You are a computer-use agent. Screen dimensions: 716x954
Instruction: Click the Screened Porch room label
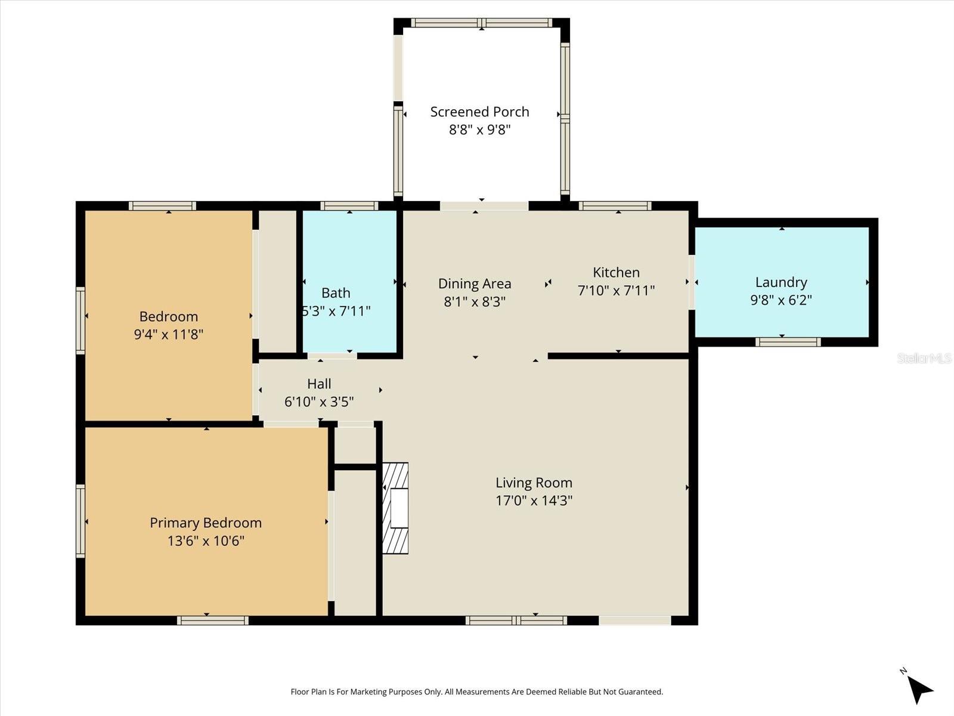[x=479, y=112]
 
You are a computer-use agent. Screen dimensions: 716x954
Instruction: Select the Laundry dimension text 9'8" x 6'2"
[x=781, y=300]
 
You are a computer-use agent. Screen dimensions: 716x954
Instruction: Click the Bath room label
[x=336, y=292]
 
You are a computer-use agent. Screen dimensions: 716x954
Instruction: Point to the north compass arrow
[x=919, y=689]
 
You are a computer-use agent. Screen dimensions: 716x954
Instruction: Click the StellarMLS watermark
[x=924, y=358]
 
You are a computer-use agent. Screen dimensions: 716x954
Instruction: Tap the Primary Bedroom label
[x=206, y=523]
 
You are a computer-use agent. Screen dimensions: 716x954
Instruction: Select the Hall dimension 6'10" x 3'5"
[x=319, y=402]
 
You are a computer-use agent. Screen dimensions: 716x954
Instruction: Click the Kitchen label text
[x=616, y=272]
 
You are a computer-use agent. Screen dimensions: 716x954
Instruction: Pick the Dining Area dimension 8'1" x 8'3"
[x=475, y=301]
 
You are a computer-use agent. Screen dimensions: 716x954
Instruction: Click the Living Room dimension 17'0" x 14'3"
[x=534, y=500]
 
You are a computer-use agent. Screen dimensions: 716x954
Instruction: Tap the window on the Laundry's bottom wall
[x=788, y=342]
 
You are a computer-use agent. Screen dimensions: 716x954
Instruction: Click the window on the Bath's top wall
[x=349, y=206]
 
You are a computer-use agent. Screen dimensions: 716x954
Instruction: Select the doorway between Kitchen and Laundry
[x=692, y=282]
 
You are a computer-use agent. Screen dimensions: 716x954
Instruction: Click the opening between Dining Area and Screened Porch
[x=484, y=206]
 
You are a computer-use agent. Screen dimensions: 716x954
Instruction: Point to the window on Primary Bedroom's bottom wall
[x=213, y=621]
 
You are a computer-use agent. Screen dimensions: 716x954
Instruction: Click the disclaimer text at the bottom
[x=476, y=692]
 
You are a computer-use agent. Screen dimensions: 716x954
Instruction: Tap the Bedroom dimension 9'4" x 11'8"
[x=169, y=334]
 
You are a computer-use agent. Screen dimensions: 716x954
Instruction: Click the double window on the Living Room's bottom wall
[x=516, y=621]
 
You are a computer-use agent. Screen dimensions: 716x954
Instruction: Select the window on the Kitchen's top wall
[x=615, y=206]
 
